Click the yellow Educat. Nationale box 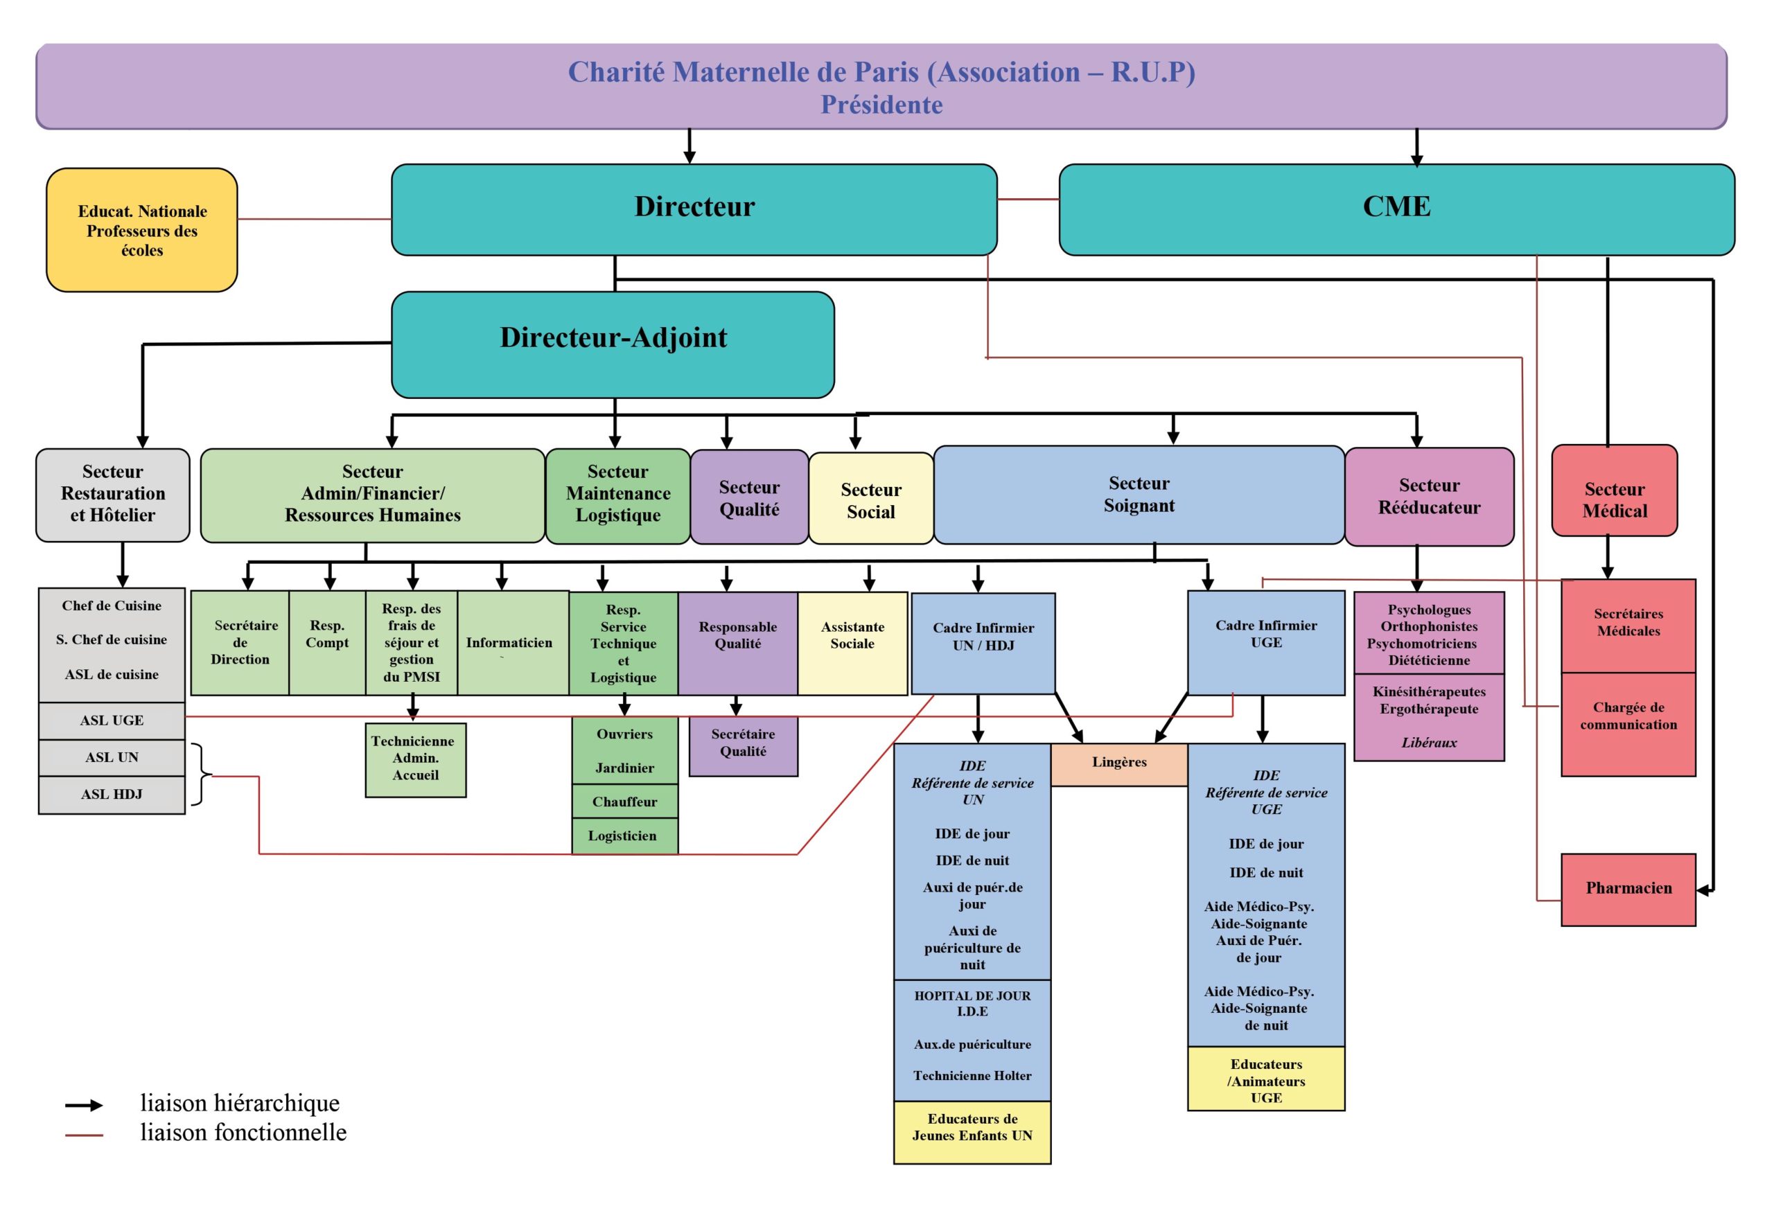coord(142,230)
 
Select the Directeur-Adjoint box coord(613,345)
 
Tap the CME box coord(1397,210)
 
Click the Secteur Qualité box coord(749,497)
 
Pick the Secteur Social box coord(871,499)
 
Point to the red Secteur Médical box coord(1615,490)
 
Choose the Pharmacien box coord(1628,890)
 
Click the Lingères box coord(1119,765)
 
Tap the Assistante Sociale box coord(852,644)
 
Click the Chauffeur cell coord(624,802)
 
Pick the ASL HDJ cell coord(112,795)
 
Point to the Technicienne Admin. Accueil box coord(415,760)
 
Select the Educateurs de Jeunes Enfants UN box coord(972,1133)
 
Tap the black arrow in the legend coord(84,1105)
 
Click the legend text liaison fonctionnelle coord(243,1133)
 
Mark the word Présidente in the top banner coord(881,105)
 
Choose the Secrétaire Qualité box coord(743,745)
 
